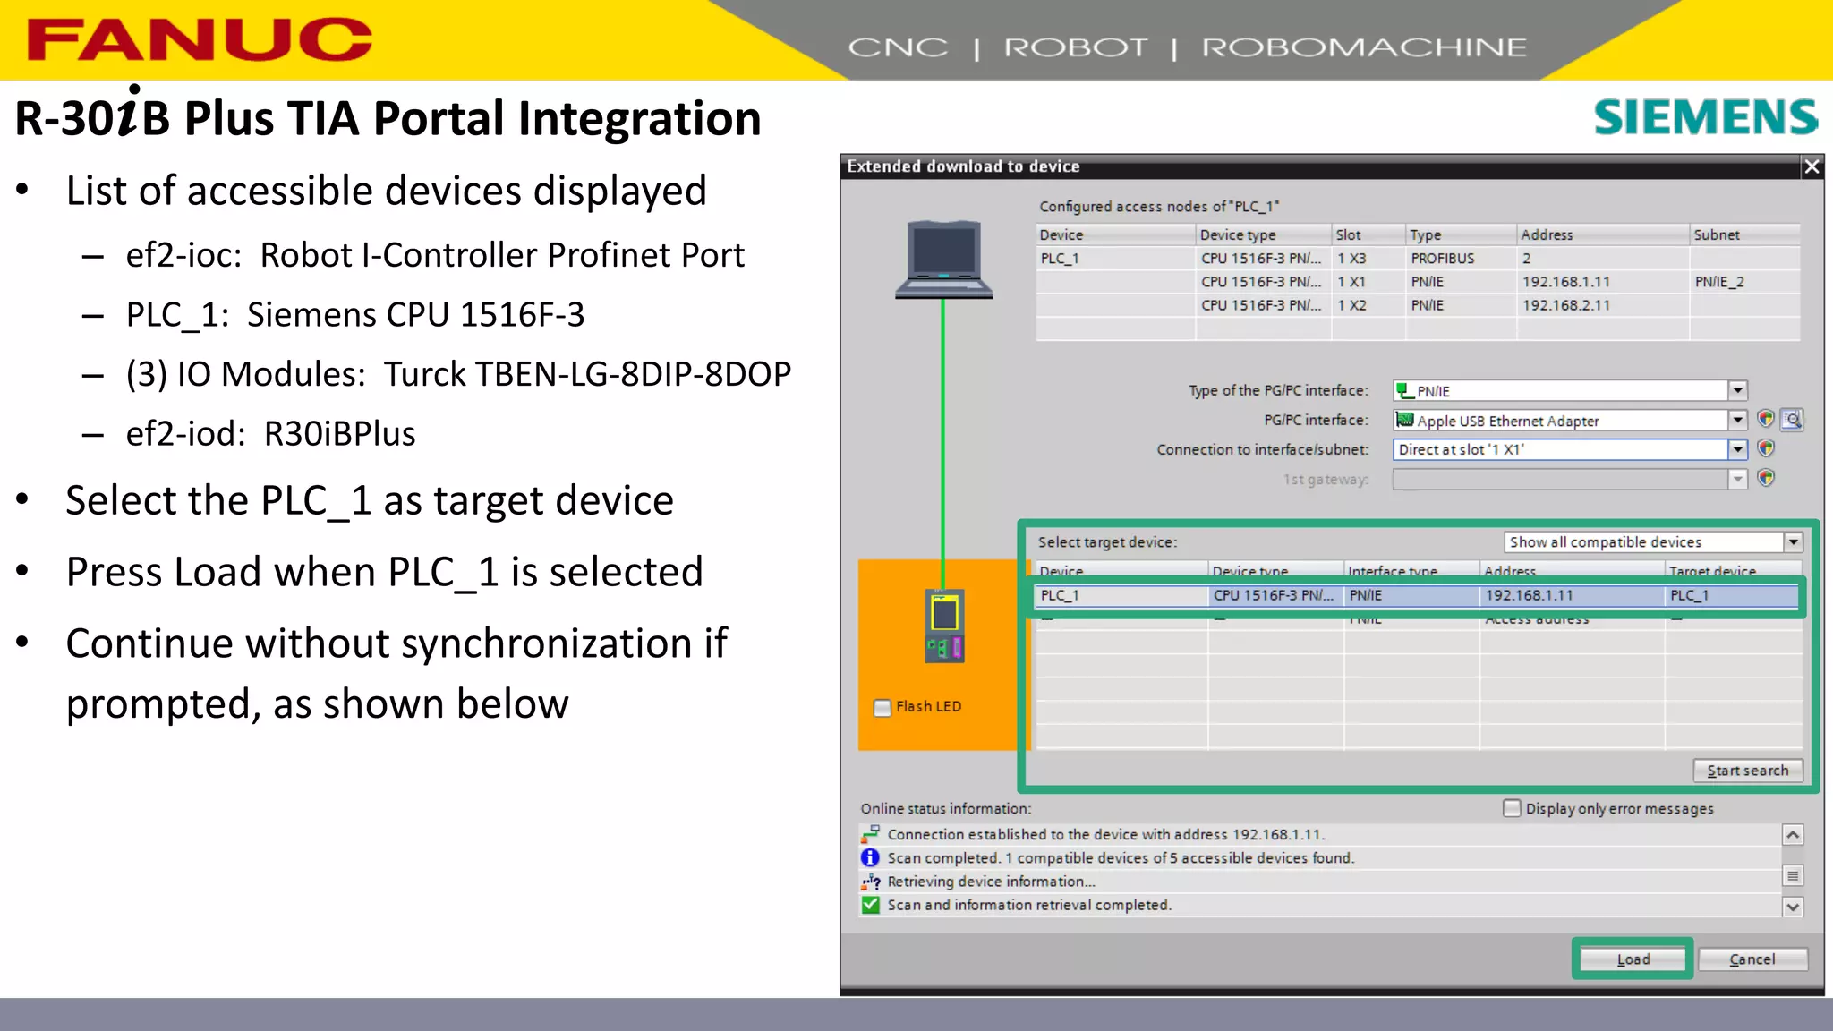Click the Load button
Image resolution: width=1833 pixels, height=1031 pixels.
coord(1633,959)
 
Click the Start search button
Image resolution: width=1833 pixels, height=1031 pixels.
coord(1747,771)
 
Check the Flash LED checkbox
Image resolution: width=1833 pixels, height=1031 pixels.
coord(882,708)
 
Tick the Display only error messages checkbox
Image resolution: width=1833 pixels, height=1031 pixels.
coord(1512,808)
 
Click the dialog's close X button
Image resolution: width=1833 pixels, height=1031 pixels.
coord(1812,166)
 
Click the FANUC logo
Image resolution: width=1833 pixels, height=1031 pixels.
coord(200,40)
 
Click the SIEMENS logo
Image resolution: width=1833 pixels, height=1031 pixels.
coord(1706,117)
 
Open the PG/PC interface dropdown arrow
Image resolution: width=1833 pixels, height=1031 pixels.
coord(1737,420)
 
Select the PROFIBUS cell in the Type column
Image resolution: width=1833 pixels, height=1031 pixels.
coord(1442,259)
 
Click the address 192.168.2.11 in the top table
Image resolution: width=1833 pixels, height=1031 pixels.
coord(1565,305)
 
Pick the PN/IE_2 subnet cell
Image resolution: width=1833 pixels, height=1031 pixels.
coord(1718,282)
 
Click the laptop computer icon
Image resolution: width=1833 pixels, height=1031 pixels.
coord(944,260)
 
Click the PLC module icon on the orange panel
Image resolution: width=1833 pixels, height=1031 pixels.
coord(944,626)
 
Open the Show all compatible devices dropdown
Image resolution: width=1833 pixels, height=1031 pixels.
coord(1793,542)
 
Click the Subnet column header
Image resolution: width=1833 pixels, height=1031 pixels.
coord(1717,234)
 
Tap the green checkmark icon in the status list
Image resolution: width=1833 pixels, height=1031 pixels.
coord(870,905)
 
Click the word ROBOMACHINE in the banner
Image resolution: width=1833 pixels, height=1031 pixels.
coord(1364,47)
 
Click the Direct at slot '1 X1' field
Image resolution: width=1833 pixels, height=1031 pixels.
coord(1559,449)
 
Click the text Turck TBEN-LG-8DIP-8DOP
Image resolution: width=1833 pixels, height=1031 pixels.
coord(587,374)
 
